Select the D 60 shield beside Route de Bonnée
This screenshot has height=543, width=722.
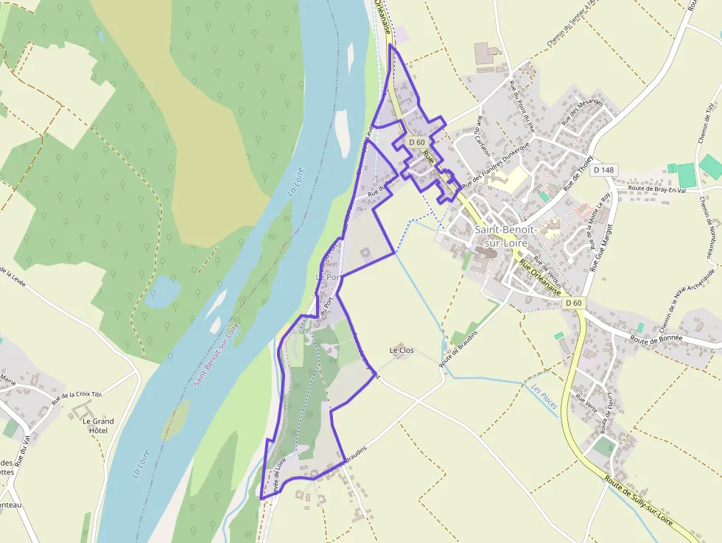click(573, 303)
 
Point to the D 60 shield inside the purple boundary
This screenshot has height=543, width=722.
click(417, 142)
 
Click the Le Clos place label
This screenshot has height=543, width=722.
click(402, 351)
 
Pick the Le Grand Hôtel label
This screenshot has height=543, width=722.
click(94, 426)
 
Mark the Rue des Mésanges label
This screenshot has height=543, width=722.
click(582, 111)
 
